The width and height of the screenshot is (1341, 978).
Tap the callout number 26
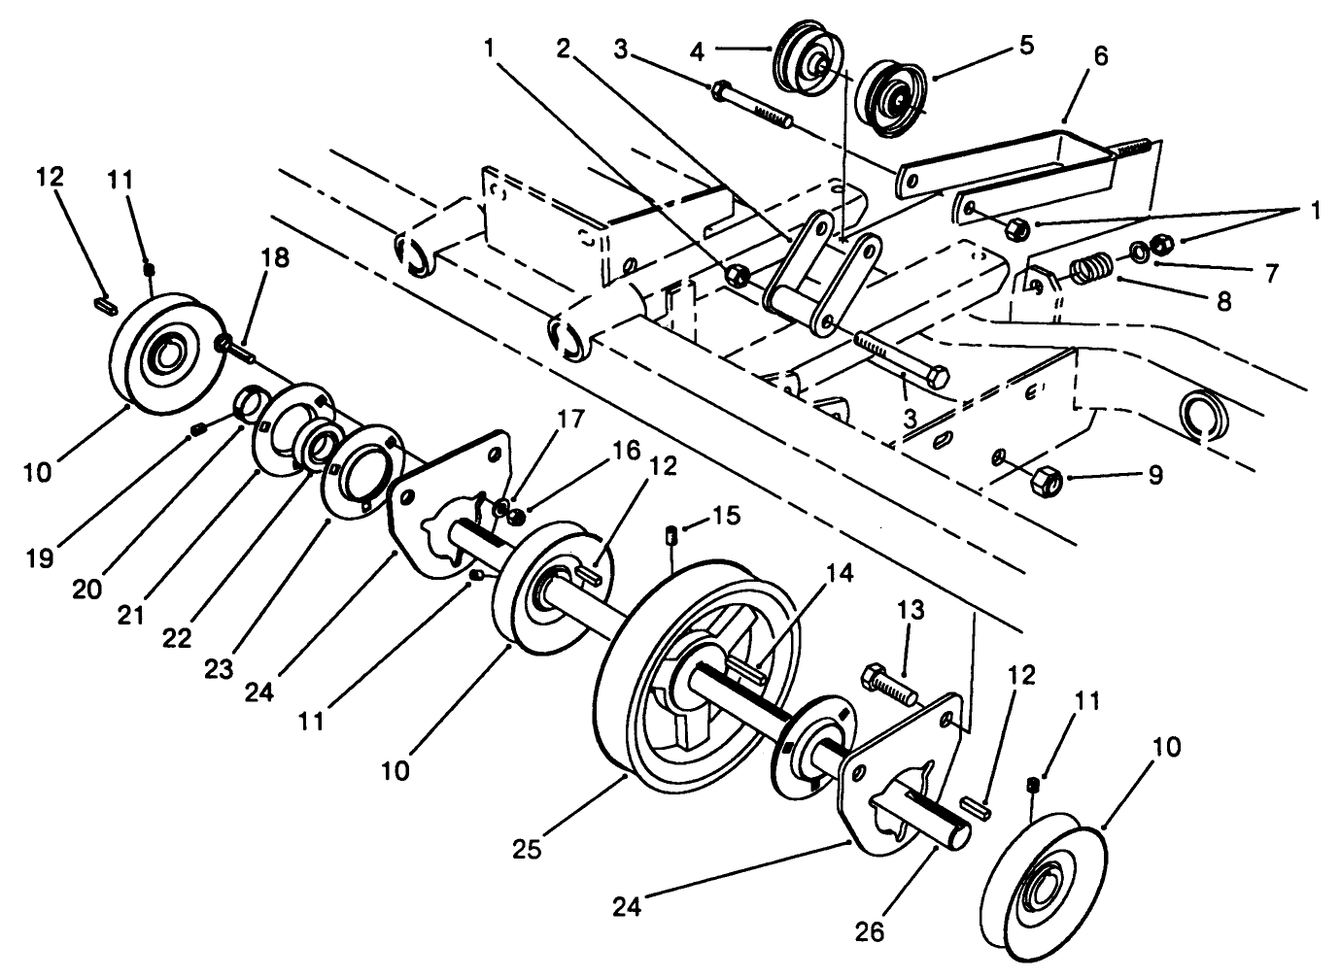(870, 931)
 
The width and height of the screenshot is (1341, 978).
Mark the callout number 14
(841, 573)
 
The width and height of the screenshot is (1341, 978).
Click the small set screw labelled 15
(670, 533)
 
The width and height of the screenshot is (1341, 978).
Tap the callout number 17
(572, 420)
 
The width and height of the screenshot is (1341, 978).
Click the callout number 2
(563, 47)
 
